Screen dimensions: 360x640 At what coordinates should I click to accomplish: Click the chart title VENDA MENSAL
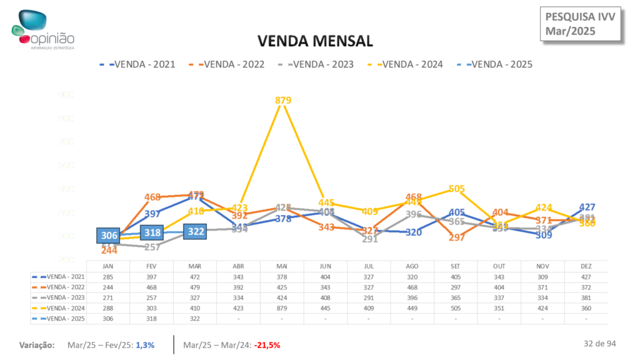pyautogui.click(x=316, y=41)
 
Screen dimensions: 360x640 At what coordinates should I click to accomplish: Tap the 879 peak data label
pyautogui.click(x=282, y=100)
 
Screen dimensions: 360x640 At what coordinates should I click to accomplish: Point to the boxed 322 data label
pyautogui.click(x=196, y=231)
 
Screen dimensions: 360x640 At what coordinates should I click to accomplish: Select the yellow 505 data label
pyautogui.click(x=457, y=189)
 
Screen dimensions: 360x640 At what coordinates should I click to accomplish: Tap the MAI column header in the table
pyautogui.click(x=282, y=266)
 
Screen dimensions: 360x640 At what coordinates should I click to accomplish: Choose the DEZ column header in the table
pyautogui.click(x=586, y=266)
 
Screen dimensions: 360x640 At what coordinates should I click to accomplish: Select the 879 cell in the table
pyautogui.click(x=282, y=307)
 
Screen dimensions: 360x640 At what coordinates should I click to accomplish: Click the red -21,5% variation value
pyautogui.click(x=267, y=345)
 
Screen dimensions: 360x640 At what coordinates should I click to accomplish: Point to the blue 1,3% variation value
pyautogui.click(x=144, y=345)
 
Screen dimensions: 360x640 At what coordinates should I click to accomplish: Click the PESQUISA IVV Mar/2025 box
pyautogui.click(x=581, y=23)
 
